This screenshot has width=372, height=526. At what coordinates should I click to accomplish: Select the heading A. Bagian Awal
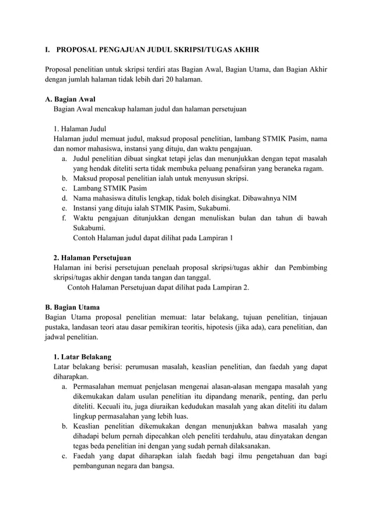pos(70,98)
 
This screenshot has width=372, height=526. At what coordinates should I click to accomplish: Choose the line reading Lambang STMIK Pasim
pos(110,188)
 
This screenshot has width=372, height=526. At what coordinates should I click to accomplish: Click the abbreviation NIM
pos(285,198)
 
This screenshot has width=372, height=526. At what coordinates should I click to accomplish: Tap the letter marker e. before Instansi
pos(64,208)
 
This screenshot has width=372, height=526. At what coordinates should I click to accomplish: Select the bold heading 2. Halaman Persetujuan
pos(92,257)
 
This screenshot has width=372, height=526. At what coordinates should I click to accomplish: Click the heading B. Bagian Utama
pos(72,307)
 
